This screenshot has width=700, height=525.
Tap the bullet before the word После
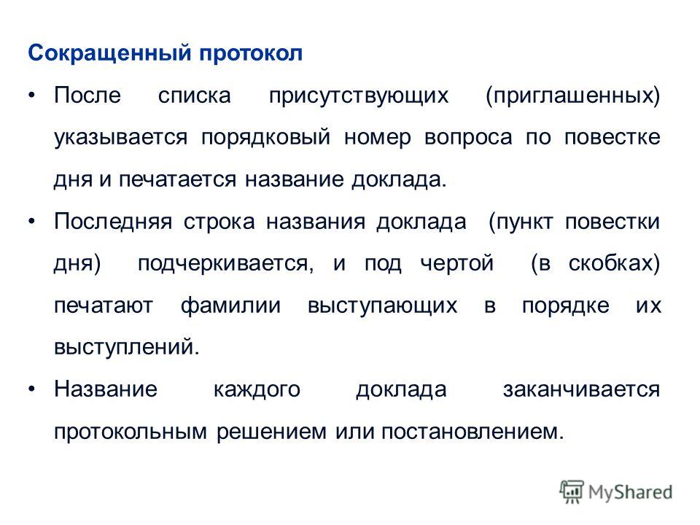[31, 95]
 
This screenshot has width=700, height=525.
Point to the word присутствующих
[359, 96]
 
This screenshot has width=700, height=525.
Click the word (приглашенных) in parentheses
[573, 96]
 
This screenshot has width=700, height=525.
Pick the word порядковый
[266, 138]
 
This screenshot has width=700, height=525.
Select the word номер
[378, 139]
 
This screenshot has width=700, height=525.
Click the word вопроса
[468, 139]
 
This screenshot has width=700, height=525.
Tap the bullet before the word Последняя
[31, 222]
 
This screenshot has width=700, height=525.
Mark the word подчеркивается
[225, 264]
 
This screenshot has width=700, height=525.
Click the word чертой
[456, 263]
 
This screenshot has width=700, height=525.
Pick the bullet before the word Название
[31, 389]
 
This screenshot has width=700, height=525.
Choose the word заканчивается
[582, 389]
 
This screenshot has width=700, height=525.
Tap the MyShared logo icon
[572, 492]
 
